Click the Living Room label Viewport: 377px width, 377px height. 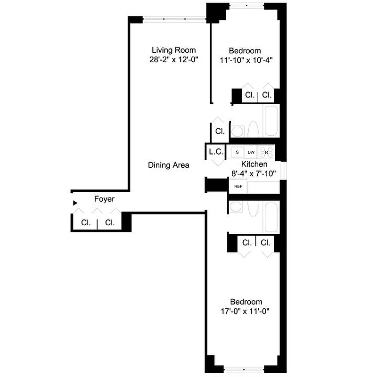tap(173, 50)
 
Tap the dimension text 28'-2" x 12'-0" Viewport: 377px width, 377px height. tap(173, 60)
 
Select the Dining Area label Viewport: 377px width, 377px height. tap(168, 165)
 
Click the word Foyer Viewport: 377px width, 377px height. tap(104, 199)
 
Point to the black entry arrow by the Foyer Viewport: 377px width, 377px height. tap(74, 203)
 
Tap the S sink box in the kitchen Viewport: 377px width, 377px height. tap(237, 152)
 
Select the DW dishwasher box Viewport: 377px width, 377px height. tap(251, 152)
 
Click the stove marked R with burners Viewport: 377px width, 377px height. tap(267, 152)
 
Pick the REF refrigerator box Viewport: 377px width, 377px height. tap(238, 186)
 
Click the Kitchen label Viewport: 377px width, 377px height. tap(254, 164)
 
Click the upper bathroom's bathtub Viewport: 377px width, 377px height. tap(271, 122)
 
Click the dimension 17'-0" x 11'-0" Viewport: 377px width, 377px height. tap(246, 311)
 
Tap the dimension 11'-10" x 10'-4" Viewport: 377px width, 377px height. tap(246, 60)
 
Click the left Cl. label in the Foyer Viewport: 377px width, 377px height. tap(86, 223)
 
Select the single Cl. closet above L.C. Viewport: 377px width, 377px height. tap(220, 131)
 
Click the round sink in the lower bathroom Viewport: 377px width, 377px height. tap(236, 207)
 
